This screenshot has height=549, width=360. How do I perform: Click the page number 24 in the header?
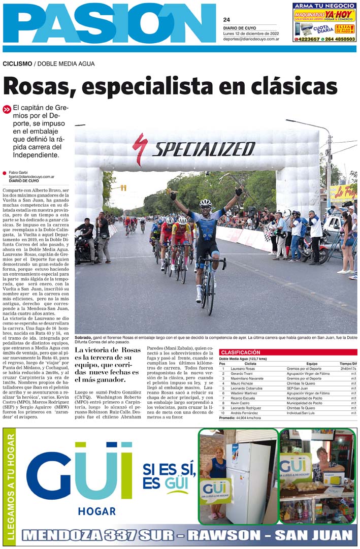tap(226, 20)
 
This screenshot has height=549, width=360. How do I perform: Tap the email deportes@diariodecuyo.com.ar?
tap(251, 38)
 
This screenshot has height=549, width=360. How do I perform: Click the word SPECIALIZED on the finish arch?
tap(204, 149)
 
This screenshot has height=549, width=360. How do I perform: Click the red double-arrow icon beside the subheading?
tap(7, 109)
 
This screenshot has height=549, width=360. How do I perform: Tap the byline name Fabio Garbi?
tap(18, 173)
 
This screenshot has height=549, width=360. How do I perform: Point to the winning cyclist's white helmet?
tap(205, 203)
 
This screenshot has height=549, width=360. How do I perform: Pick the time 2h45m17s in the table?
tap(348, 368)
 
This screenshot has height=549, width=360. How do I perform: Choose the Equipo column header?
tap(312, 363)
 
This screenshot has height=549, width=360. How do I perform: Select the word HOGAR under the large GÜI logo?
tap(96, 510)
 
